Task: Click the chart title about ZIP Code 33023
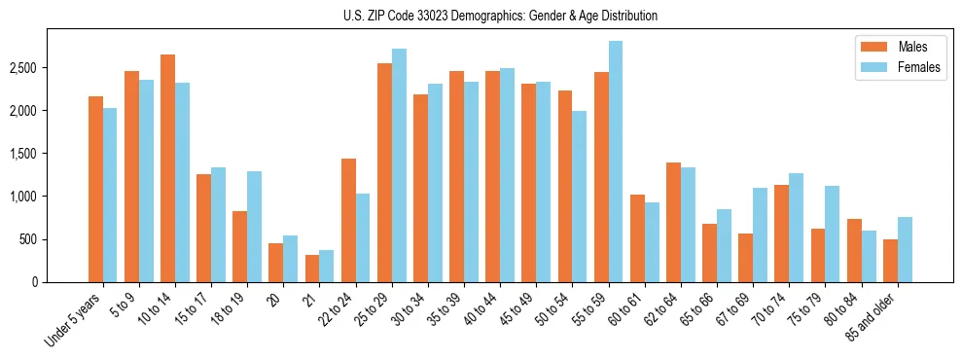[x=500, y=16]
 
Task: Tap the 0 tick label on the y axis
[x=34, y=282]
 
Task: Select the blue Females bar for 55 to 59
[x=616, y=162]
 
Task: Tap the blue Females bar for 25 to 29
[x=399, y=165]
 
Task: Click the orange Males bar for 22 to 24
[x=348, y=220]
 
